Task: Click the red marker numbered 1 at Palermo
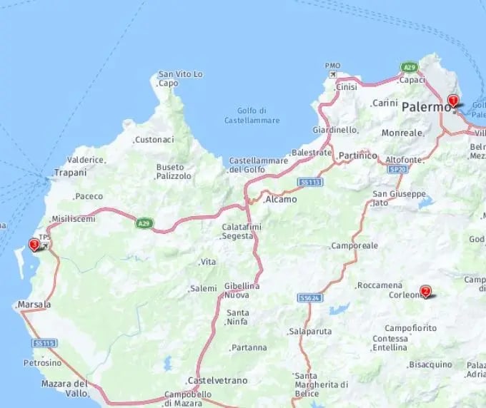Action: [452, 101]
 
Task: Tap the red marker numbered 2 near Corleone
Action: [426, 291]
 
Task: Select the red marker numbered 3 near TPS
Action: [34, 245]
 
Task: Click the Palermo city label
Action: [426, 107]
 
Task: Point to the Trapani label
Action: [71, 173]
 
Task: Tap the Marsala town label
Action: [34, 305]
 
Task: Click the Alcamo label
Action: [281, 200]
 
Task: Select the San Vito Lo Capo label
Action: [180, 78]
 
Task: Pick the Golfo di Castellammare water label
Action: [252, 115]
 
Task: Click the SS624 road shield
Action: [309, 297]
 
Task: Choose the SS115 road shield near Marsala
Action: [44, 343]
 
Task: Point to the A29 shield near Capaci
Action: [409, 67]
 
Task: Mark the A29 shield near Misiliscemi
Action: [144, 223]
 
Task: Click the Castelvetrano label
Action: [217, 380]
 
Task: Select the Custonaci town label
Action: [154, 140]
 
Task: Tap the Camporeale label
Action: [354, 245]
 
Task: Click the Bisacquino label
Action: [431, 364]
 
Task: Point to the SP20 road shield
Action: [396, 170]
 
